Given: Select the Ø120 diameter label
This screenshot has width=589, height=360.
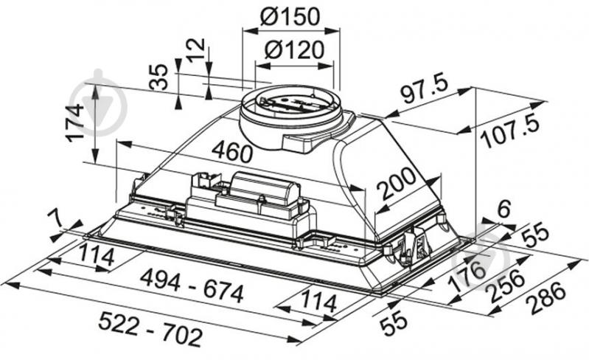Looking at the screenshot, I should [294, 50].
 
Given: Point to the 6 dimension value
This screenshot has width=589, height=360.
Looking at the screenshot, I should [503, 209].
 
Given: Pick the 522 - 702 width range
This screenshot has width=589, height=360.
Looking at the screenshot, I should [148, 336].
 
